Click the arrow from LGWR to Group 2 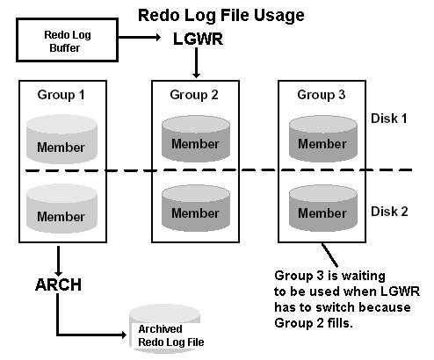click(x=195, y=63)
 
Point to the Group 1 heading click(x=61, y=94)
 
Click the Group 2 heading click(x=195, y=94)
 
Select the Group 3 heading click(x=322, y=94)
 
